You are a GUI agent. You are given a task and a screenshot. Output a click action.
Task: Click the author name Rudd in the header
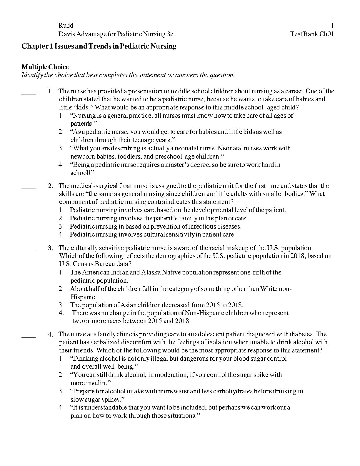coord(66,26)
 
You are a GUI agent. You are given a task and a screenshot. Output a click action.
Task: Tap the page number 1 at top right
coord(332,26)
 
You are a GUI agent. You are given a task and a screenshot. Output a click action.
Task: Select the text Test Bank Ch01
coord(311,34)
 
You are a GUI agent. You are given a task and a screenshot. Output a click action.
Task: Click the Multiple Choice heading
coord(45,67)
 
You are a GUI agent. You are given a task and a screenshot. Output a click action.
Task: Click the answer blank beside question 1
coord(29,93)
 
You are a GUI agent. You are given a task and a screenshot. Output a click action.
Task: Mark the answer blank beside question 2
coord(29,188)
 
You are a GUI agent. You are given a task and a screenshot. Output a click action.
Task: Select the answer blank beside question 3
coord(29,250)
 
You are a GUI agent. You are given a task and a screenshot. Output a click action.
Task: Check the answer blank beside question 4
coord(29,337)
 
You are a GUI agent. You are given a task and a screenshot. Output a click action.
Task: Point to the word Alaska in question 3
coord(151,272)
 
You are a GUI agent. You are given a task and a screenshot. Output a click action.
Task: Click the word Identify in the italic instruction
coord(32,75)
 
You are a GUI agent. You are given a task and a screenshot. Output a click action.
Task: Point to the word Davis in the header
coord(67,34)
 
